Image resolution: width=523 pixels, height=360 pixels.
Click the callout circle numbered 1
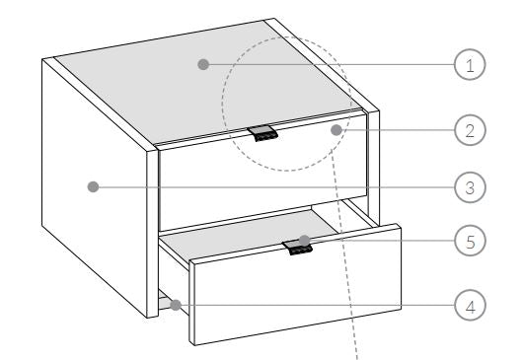[470, 65]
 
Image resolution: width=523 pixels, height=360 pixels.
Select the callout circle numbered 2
[470, 130]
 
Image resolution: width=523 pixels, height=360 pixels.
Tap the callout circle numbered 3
[470, 187]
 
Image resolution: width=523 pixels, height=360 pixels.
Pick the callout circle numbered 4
[470, 306]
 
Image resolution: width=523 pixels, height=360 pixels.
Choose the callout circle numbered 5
[470, 241]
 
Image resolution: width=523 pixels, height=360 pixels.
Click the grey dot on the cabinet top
[203, 64]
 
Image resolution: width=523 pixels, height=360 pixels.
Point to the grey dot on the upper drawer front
[336, 130]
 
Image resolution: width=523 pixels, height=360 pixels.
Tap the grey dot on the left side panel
[93, 187]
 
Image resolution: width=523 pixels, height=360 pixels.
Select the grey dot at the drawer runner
[176, 305]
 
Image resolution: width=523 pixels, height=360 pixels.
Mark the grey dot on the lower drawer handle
[304, 241]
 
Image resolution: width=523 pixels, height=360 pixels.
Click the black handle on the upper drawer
[262, 133]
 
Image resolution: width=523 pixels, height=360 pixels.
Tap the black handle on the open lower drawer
[298, 248]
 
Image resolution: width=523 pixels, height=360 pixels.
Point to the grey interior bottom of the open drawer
[251, 234]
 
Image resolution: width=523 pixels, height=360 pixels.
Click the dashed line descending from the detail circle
[345, 256]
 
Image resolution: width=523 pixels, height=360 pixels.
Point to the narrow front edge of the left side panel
[152, 234]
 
